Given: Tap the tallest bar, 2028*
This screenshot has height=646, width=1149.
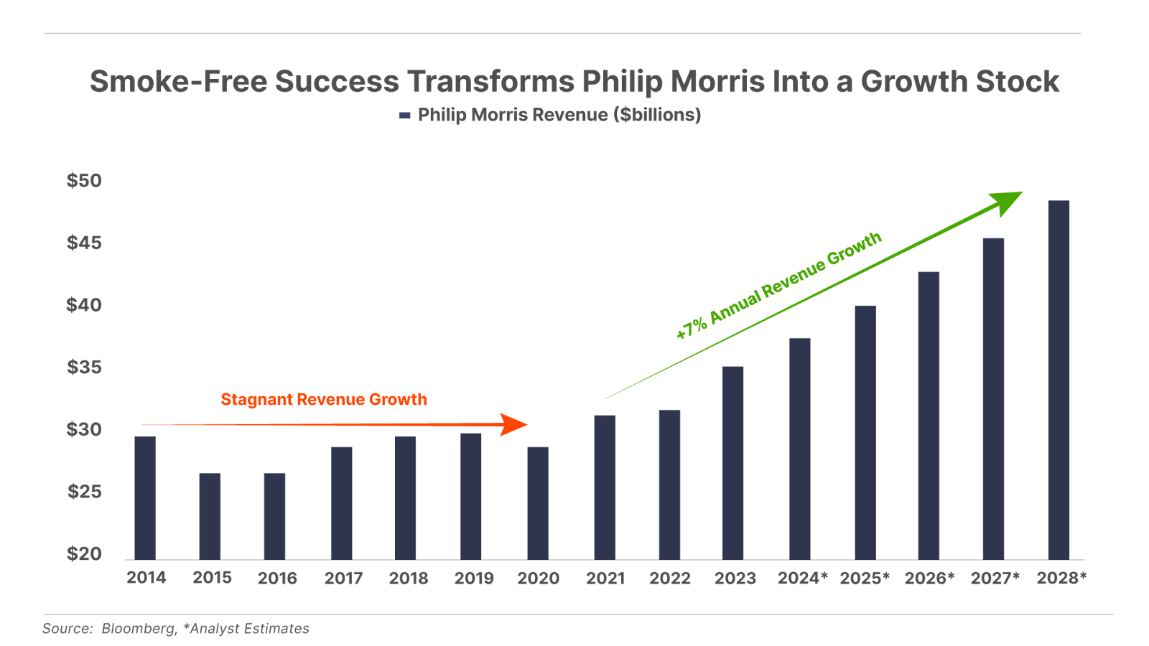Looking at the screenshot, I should (1059, 380).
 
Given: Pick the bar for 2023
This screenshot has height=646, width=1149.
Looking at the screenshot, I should (733, 462).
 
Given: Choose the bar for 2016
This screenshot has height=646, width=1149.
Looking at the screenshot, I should (275, 516).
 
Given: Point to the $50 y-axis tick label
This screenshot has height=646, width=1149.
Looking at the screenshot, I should (84, 181).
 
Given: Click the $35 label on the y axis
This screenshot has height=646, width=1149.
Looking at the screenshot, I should (84, 368).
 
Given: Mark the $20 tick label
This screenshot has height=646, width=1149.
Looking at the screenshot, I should (84, 554).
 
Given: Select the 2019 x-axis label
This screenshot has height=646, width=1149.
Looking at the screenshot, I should (474, 579).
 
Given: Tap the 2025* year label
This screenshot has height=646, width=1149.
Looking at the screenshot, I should (865, 579).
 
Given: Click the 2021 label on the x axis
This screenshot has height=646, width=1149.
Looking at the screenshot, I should (605, 579).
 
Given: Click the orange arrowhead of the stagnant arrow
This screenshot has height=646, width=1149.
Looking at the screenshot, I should (514, 424).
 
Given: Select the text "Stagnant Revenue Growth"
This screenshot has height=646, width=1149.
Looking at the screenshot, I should (324, 400).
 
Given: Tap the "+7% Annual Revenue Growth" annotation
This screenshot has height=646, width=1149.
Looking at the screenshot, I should (779, 286).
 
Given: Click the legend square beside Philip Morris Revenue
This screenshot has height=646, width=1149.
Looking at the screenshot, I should (404, 115).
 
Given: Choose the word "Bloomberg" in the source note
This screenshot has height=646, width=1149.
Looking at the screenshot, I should (139, 629).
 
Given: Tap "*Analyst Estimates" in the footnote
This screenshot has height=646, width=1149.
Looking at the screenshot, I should (246, 629).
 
